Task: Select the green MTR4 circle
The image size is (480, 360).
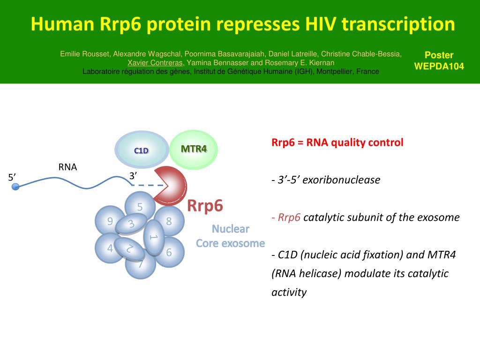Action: point(194,149)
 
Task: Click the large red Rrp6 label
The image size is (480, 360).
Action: point(205,205)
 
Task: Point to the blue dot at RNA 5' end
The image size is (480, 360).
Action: point(15,187)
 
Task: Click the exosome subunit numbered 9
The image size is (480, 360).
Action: point(107,221)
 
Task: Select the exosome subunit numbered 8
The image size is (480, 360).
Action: point(170,221)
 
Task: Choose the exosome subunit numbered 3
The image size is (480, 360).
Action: point(131,224)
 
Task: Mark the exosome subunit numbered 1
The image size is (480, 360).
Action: point(153,237)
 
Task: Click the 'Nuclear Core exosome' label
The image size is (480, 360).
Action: point(230,236)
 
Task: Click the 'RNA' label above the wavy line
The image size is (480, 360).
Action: point(67,167)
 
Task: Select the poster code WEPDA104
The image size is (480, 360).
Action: point(439,66)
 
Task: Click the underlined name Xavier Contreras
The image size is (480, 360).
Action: point(155,63)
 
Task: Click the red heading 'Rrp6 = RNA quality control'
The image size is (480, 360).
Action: point(337,142)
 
